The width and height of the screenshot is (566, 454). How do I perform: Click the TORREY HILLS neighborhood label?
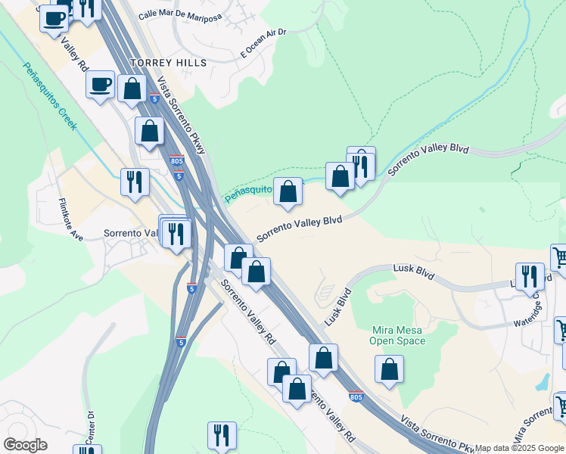point(169,63)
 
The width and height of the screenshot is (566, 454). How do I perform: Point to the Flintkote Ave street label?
point(70,220)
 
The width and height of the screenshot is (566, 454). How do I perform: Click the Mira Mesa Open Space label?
point(398,335)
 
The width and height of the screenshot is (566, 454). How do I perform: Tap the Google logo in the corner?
point(25,445)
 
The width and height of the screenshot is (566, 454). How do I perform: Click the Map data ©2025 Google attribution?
point(519,448)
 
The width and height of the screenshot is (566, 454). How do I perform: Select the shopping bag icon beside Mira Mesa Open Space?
point(390,369)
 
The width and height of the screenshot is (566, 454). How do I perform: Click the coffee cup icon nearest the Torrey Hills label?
point(101,84)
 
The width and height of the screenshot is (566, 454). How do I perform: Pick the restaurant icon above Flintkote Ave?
point(135,182)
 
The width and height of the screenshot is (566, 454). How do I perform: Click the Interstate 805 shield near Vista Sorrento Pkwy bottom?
point(356,396)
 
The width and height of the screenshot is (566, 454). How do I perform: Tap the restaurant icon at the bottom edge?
point(222,435)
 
